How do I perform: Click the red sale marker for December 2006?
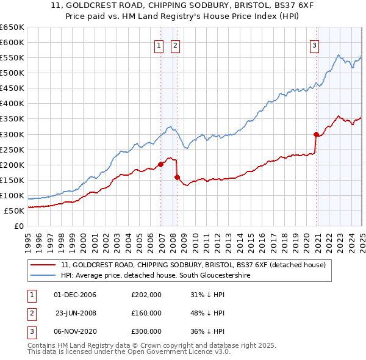coord(160,164)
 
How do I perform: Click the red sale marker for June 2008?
coord(177,177)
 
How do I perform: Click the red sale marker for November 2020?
coord(316,134)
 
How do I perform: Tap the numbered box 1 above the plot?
coord(159,44)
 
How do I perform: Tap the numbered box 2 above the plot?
coord(175,44)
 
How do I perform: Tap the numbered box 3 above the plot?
coord(314,44)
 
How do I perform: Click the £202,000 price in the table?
coord(146,295)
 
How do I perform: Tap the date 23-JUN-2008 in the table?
coord(76,313)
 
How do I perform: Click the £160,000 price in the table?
coord(146,313)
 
